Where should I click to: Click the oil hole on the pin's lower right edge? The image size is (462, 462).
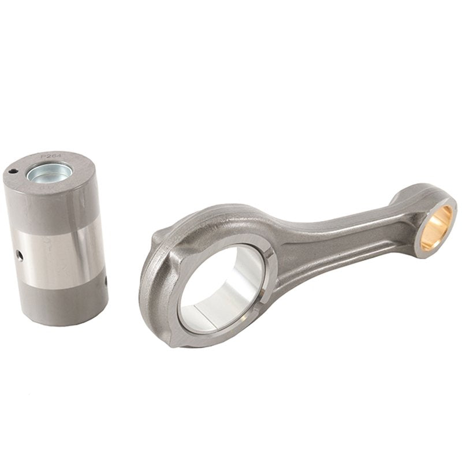[x=106, y=281]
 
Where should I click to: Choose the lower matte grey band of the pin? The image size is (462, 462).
[x=64, y=303]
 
